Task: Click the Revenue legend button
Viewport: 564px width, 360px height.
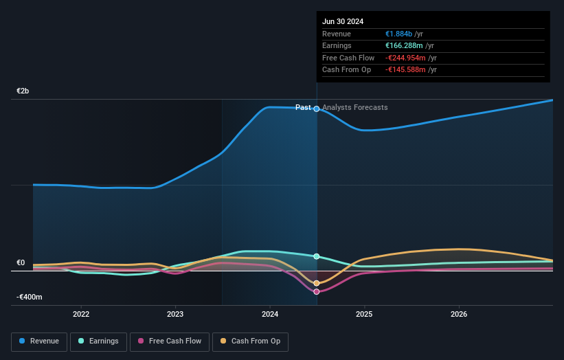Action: pyautogui.click(x=39, y=341)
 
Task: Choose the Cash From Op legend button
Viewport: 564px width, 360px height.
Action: pyautogui.click(x=250, y=341)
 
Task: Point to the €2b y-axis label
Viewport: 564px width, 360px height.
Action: pyautogui.click(x=23, y=91)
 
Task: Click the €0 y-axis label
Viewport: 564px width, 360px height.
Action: pyautogui.click(x=21, y=262)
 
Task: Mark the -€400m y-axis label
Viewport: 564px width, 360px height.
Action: pyautogui.click(x=30, y=297)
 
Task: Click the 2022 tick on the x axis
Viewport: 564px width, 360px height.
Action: pyautogui.click(x=81, y=314)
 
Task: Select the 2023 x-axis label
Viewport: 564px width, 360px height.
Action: pyautogui.click(x=175, y=314)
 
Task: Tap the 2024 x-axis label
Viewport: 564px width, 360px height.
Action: pyautogui.click(x=270, y=314)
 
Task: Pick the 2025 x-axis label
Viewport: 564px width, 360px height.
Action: pyautogui.click(x=364, y=314)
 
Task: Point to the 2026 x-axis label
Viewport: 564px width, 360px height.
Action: pyautogui.click(x=459, y=314)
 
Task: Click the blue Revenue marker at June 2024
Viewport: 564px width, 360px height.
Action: pyautogui.click(x=317, y=109)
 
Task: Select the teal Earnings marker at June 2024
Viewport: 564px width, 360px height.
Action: pyautogui.click(x=317, y=256)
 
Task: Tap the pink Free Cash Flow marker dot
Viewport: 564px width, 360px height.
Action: pyautogui.click(x=317, y=292)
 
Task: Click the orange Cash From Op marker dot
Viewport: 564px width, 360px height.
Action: pyautogui.click(x=317, y=283)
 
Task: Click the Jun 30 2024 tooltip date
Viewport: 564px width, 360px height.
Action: pyautogui.click(x=343, y=21)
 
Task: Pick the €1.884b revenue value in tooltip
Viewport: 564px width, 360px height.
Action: pyautogui.click(x=398, y=34)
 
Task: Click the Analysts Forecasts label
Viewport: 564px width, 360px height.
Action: pyautogui.click(x=354, y=107)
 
